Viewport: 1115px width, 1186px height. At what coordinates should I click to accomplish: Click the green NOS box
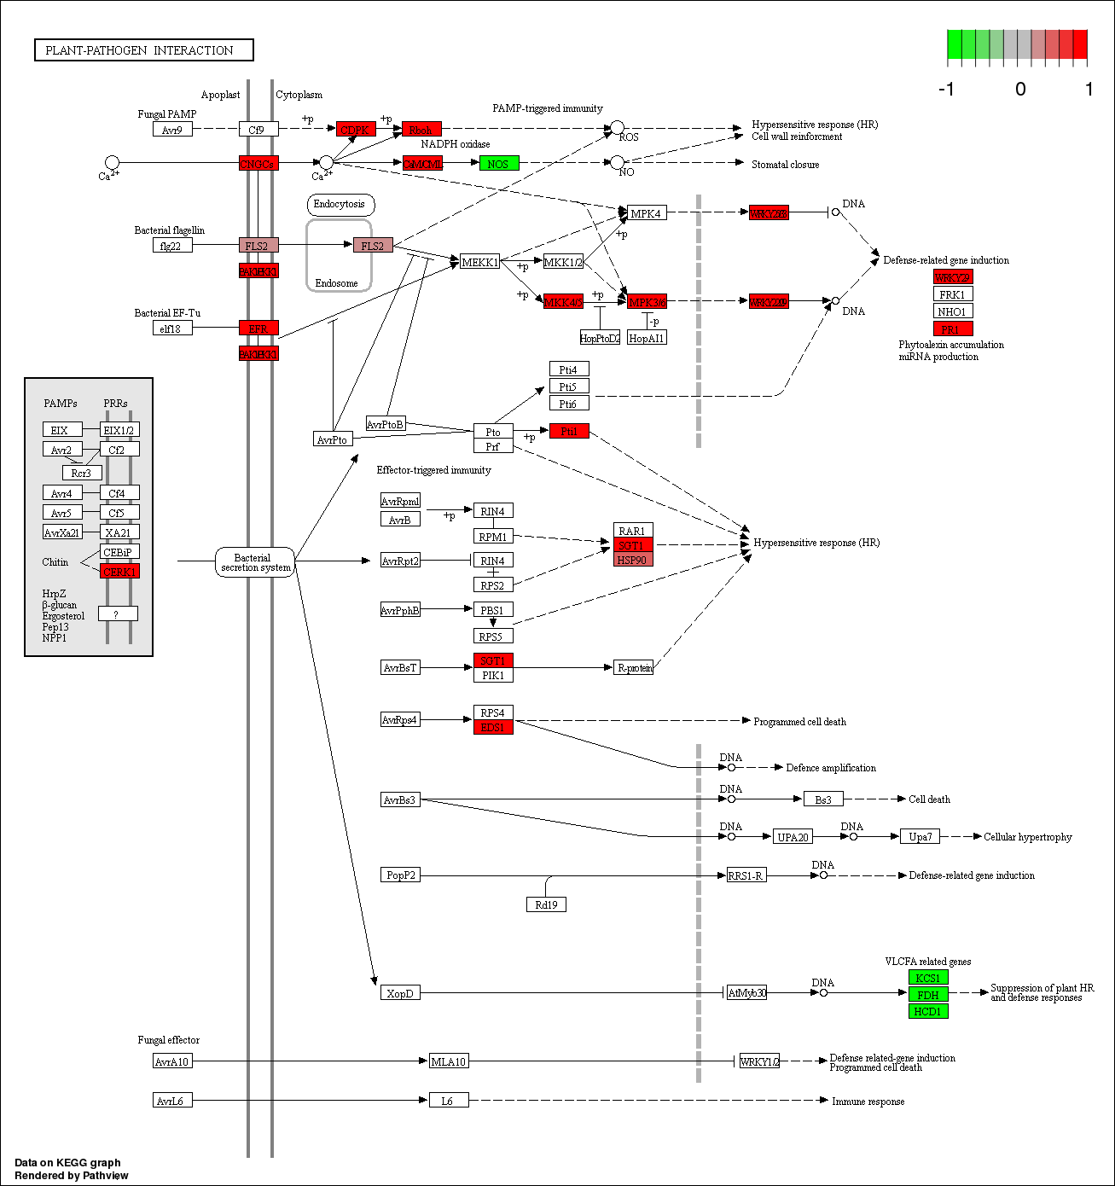pyautogui.click(x=499, y=163)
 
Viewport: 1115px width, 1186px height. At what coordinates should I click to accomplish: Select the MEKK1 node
pyautogui.click(x=479, y=262)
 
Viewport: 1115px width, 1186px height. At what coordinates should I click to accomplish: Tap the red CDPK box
pyautogui.click(x=356, y=129)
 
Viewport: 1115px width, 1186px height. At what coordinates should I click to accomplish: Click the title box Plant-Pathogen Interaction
pyautogui.click(x=144, y=50)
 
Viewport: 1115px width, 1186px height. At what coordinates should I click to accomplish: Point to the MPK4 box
pyautogui.click(x=647, y=212)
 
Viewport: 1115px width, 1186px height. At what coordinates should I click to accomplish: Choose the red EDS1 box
pyautogui.click(x=493, y=727)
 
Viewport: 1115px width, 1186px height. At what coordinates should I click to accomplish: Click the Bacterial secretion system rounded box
pyautogui.click(x=255, y=562)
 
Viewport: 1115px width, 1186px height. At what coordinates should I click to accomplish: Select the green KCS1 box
pyautogui.click(x=928, y=978)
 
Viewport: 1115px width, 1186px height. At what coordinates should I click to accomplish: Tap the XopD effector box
pyautogui.click(x=400, y=993)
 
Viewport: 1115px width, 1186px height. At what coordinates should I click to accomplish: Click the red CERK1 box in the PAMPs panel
pyautogui.click(x=119, y=572)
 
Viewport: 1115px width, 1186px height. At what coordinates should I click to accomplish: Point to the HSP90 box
pyautogui.click(x=633, y=560)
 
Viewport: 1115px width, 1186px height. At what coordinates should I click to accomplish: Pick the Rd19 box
pyautogui.click(x=546, y=904)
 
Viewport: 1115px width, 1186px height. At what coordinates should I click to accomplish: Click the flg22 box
pyautogui.click(x=172, y=246)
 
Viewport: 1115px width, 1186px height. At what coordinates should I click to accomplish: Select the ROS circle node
pyautogui.click(x=617, y=128)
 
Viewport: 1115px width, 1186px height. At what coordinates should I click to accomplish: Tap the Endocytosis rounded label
pyautogui.click(x=340, y=204)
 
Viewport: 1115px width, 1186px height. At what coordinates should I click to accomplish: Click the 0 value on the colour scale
pyautogui.click(x=1020, y=90)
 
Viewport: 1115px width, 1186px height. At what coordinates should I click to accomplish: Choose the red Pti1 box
pyautogui.click(x=569, y=431)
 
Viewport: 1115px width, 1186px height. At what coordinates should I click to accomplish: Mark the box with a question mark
pyautogui.click(x=118, y=613)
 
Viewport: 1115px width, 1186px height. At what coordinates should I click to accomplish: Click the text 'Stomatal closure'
pyautogui.click(x=785, y=165)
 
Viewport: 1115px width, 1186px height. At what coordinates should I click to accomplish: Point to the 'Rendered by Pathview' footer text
pyautogui.click(x=72, y=1175)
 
